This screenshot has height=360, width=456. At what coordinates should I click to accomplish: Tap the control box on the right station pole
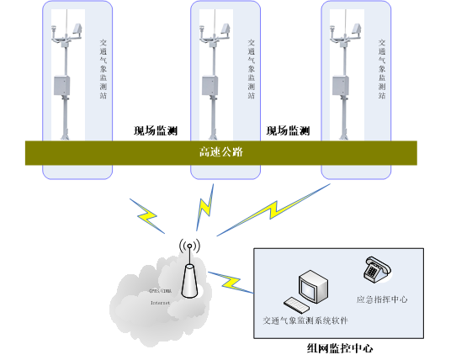(x=341, y=86)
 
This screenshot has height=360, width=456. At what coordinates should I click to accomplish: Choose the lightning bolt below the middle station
(x=204, y=207)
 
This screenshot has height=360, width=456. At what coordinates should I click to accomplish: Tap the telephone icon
(x=374, y=271)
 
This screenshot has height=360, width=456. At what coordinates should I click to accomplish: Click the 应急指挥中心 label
(x=382, y=299)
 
